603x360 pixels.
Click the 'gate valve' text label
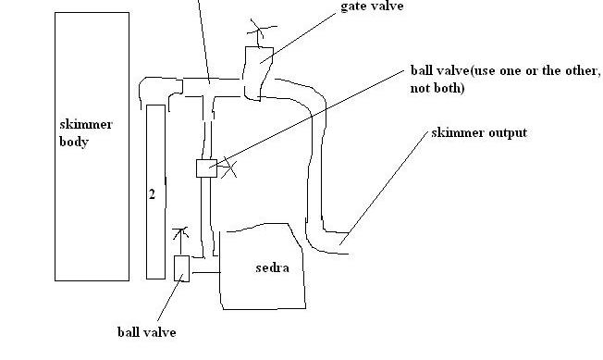pyautogui.click(x=372, y=6)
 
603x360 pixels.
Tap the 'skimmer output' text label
pyautogui.click(x=479, y=132)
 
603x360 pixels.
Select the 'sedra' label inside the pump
pyautogui.click(x=272, y=267)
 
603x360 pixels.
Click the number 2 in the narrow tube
pyautogui.click(x=153, y=194)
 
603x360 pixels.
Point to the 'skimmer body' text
pyautogui.click(x=86, y=132)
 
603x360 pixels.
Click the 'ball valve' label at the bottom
pyautogui.click(x=147, y=332)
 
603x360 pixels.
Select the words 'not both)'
pyautogui.click(x=437, y=88)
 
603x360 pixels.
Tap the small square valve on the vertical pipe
pyautogui.click(x=206, y=168)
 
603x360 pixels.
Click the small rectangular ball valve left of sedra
pyautogui.click(x=181, y=268)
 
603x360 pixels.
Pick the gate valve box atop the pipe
pyautogui.click(x=258, y=73)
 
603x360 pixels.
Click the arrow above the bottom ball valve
pyautogui.click(x=180, y=241)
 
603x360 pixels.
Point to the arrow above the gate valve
pyautogui.click(x=260, y=32)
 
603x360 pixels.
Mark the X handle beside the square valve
pyautogui.click(x=228, y=168)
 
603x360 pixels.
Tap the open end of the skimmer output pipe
pyautogui.click(x=349, y=243)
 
